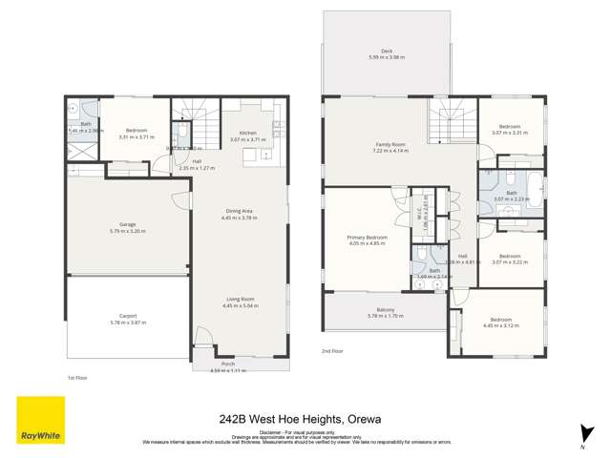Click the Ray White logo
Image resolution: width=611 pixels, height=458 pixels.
(40, 421)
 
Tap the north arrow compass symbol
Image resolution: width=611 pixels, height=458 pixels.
(581, 437)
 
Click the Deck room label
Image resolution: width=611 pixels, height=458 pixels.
(386, 53)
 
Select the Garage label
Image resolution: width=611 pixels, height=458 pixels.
(127, 227)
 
